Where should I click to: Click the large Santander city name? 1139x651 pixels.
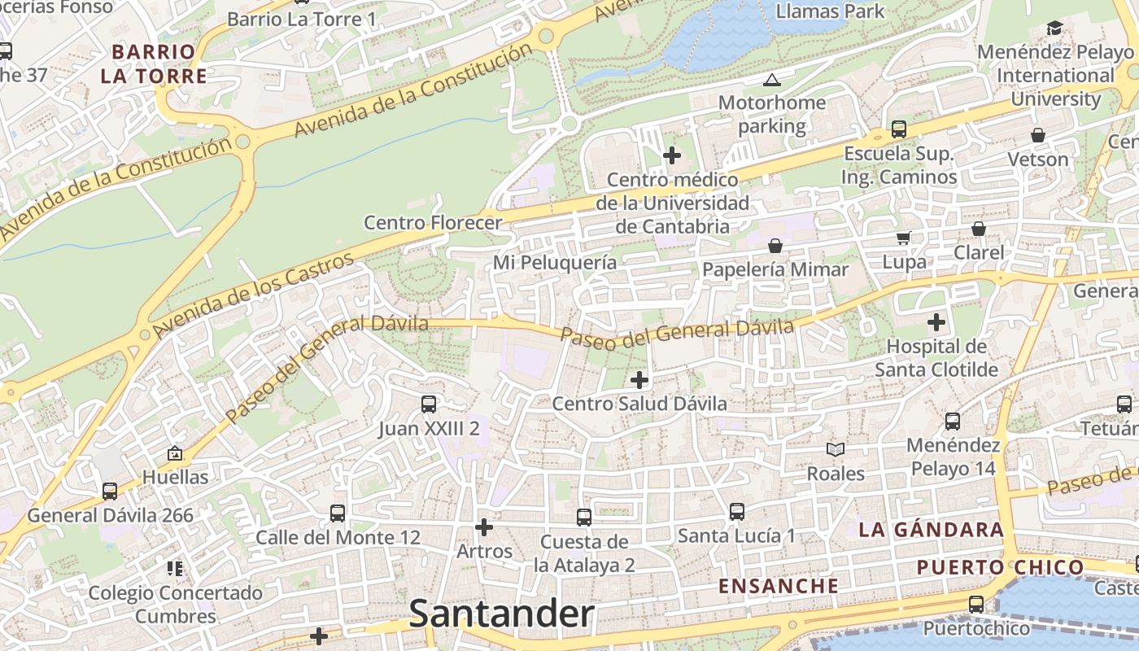pos(501,614)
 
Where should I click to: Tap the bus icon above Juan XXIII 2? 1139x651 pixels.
pos(429,404)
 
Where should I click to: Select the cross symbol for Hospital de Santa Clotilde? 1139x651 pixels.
pos(936,322)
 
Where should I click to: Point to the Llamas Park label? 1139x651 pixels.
pos(830,11)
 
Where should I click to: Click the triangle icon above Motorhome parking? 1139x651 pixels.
pos(771,80)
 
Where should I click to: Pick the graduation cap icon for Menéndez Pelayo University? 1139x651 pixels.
pos(1054,28)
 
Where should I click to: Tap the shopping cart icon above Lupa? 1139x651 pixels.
pos(904,238)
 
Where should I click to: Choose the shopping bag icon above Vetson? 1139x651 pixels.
pos(1038,135)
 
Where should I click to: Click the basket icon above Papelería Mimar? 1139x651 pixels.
pos(775,245)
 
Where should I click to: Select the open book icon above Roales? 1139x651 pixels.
pos(836,449)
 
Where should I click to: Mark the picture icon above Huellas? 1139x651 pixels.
pos(174,453)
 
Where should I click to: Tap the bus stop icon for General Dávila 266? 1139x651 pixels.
pos(110,492)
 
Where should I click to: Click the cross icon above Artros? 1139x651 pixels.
pos(484,527)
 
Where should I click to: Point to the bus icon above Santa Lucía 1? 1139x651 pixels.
pos(737,512)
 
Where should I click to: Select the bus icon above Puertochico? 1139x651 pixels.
pos(975,605)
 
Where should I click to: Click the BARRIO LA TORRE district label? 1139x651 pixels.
pos(154,64)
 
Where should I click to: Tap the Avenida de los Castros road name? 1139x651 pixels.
pos(254,295)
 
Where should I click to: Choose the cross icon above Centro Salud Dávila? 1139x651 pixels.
pos(639,379)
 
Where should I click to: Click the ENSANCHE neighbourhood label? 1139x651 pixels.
pos(779,586)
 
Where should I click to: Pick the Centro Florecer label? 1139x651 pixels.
pos(433,222)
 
